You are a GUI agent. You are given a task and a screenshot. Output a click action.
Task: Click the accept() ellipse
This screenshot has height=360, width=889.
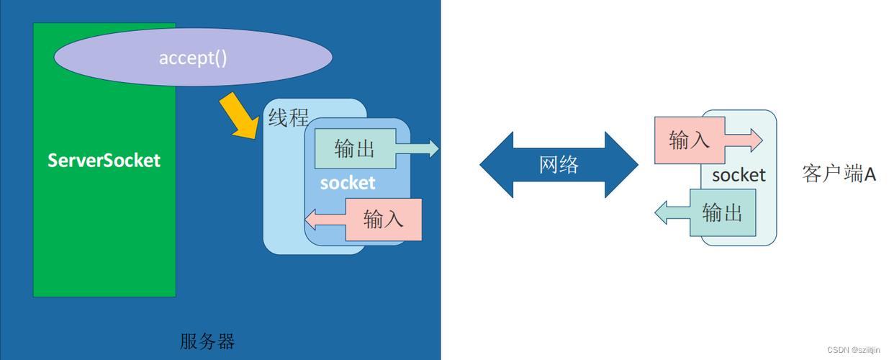pyautogui.click(x=192, y=58)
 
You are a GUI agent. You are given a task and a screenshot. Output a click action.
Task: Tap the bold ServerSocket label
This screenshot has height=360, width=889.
pyautogui.click(x=104, y=160)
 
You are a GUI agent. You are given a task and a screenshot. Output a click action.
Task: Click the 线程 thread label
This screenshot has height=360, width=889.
pyautogui.click(x=288, y=117)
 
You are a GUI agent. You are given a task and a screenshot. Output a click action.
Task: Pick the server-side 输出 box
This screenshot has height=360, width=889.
pyautogui.click(x=355, y=149)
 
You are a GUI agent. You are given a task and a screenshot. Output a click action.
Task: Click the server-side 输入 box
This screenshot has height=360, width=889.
pyautogui.click(x=383, y=219)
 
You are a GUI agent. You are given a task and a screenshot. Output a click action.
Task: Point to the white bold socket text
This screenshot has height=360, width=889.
pyautogui.click(x=348, y=183)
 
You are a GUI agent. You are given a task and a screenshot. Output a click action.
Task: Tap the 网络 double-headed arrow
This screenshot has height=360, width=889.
pyautogui.click(x=559, y=165)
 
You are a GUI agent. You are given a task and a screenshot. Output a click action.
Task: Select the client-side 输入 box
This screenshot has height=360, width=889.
pyautogui.click(x=689, y=140)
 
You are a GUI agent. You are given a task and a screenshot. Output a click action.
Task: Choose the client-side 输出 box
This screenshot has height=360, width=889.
pyautogui.click(x=723, y=213)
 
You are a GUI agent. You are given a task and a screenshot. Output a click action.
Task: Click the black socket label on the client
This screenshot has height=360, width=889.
pyautogui.click(x=739, y=175)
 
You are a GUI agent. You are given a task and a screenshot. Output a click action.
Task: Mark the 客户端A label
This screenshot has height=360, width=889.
pyautogui.click(x=839, y=174)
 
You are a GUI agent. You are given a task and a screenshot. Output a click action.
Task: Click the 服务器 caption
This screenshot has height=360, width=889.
pyautogui.click(x=207, y=341)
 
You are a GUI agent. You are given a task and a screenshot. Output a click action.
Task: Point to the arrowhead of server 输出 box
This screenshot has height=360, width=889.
pyautogui.click(x=432, y=149)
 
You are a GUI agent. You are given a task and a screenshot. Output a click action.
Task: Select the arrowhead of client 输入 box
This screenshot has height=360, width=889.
pyautogui.click(x=755, y=140)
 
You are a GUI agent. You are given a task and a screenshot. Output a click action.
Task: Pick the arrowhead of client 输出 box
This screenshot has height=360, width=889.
pyautogui.click(x=662, y=213)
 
